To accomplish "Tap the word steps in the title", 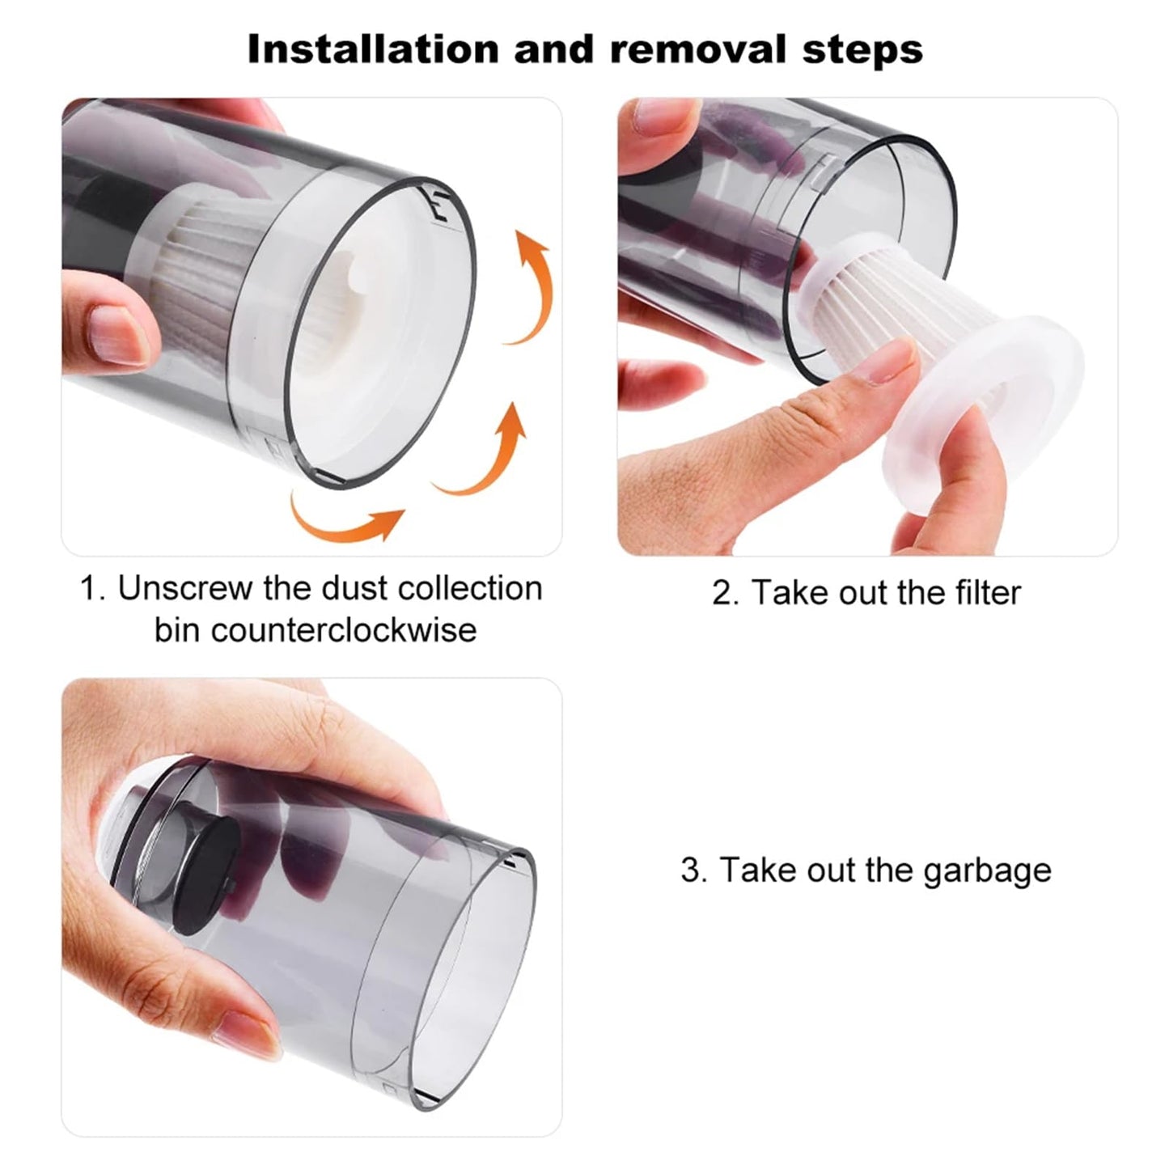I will click(x=862, y=49).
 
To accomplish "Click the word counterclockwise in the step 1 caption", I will click(x=316, y=629).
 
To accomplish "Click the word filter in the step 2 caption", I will click(x=983, y=593).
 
